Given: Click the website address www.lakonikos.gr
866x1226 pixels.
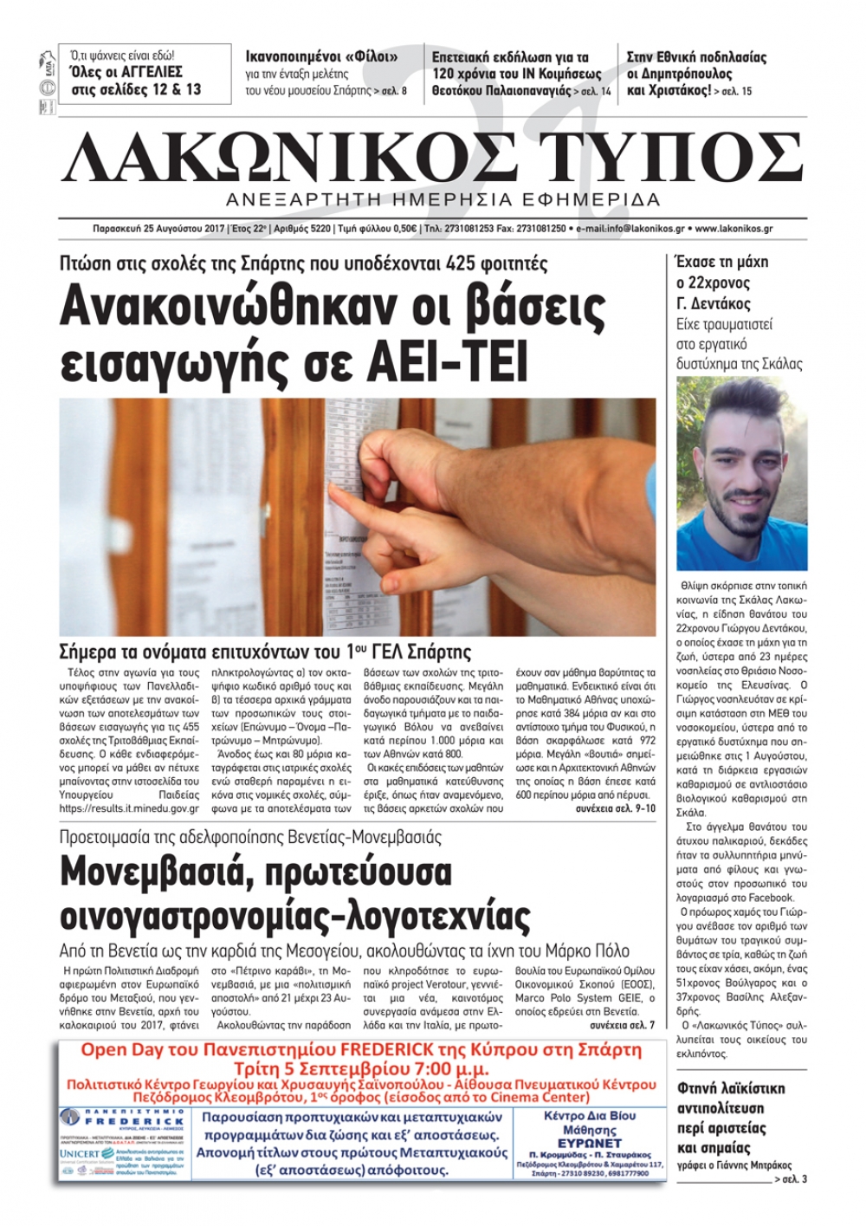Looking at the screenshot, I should [734, 230].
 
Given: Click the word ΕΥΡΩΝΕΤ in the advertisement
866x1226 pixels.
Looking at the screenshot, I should [588, 1143].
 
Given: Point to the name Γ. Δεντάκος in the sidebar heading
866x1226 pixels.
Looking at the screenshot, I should [713, 303].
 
